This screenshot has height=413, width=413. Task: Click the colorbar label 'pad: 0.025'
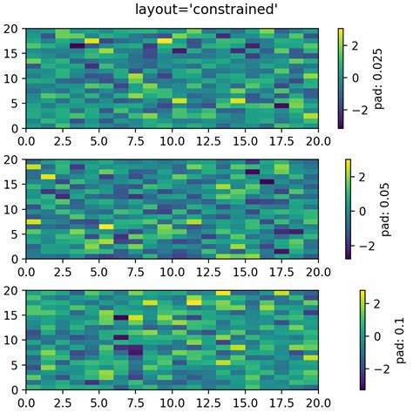(380, 78)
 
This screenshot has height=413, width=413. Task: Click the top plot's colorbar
(340, 78)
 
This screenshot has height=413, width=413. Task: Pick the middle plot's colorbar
(348, 209)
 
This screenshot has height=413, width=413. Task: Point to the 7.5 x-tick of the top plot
(136, 139)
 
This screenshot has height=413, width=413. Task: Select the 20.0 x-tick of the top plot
(319, 139)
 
